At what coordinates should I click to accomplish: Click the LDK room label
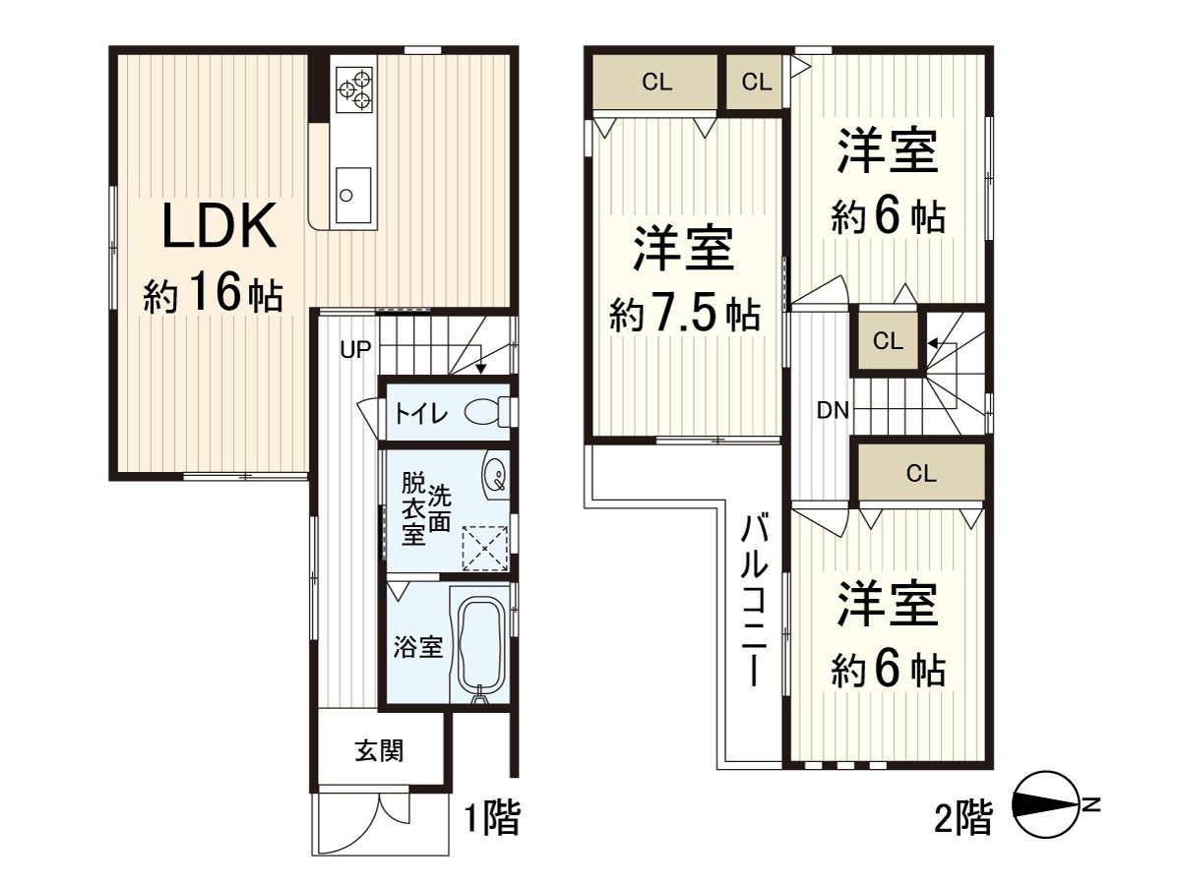218,228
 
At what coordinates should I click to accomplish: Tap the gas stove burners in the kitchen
355,87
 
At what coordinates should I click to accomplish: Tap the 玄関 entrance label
379,752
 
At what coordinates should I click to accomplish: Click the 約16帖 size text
214,295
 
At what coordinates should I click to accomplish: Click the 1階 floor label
491,818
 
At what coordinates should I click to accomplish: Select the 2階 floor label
963,818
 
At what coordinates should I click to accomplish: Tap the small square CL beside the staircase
888,342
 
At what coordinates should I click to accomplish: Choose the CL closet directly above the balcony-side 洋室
920,474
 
